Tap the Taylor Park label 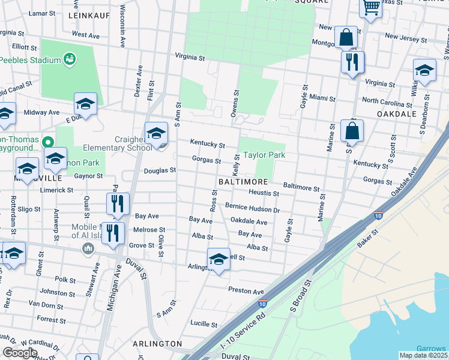[262, 155]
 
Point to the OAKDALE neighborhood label [396, 113]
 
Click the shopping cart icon [371, 8]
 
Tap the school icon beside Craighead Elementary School [157, 133]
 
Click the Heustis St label [264, 194]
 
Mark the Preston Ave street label [246, 292]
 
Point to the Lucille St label [205, 322]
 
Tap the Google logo [20, 353]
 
